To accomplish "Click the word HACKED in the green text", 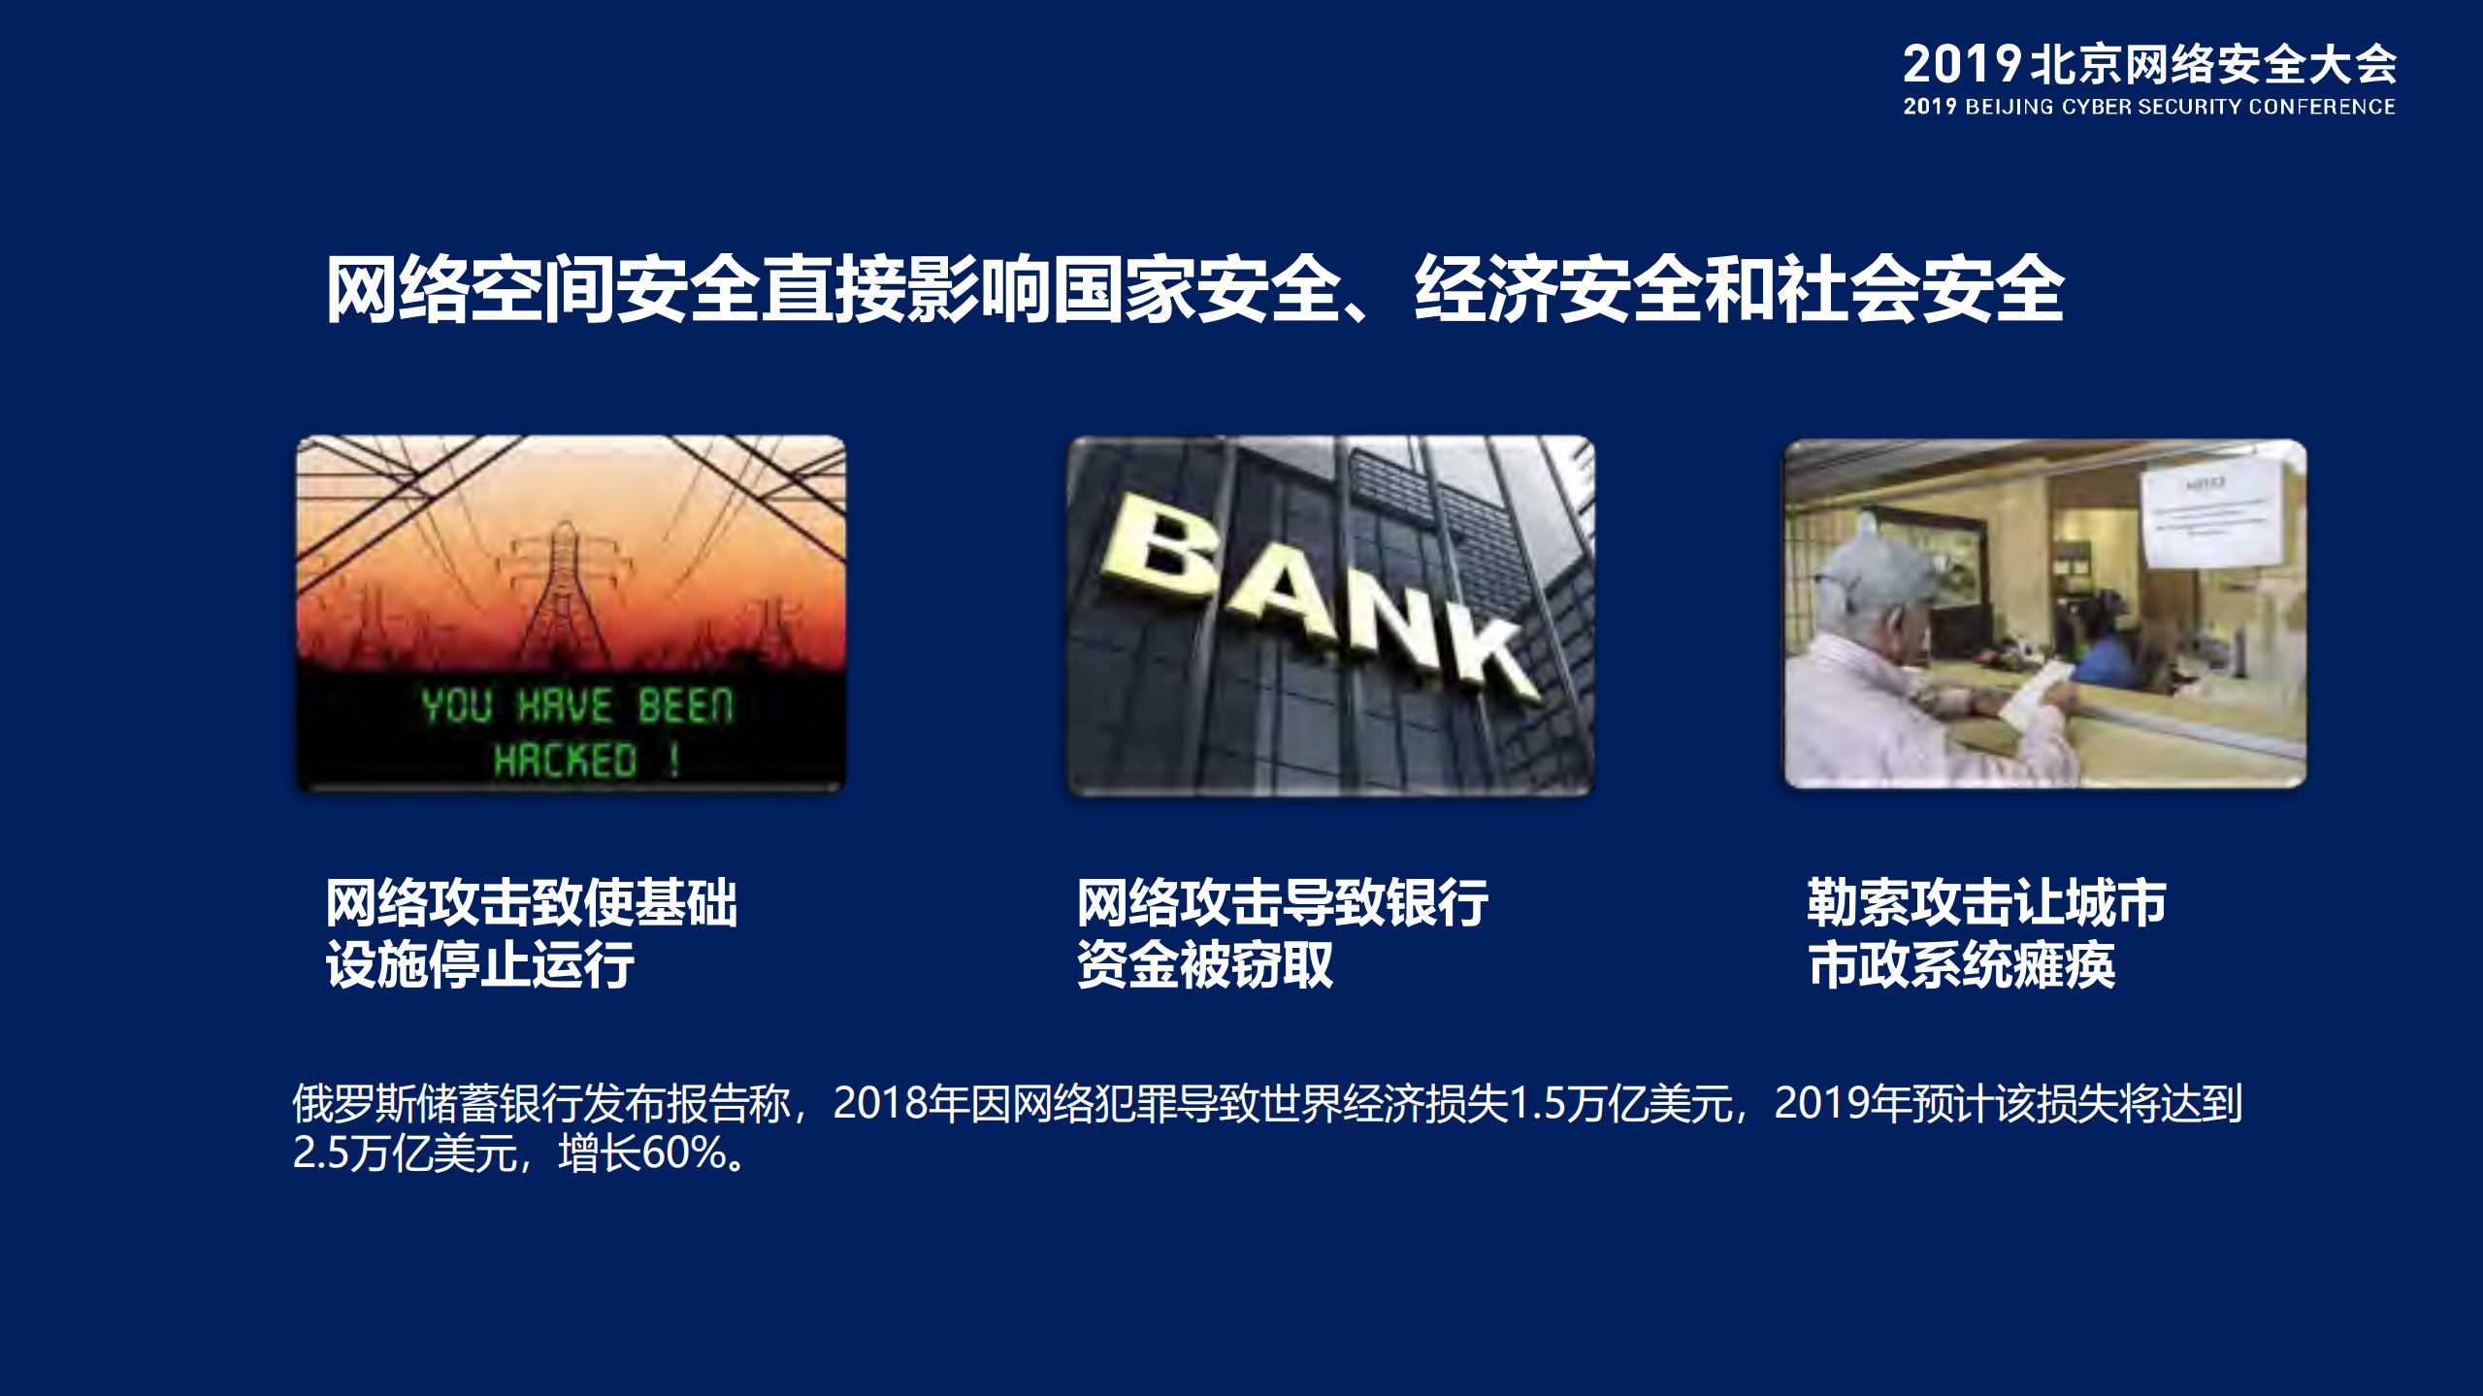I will tap(565, 760).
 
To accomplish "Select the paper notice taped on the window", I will tap(2211, 518).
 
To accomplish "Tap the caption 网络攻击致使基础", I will tap(531, 903).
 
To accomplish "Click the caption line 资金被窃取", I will tap(1205, 965).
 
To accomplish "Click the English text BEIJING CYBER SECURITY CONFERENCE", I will tap(2179, 107).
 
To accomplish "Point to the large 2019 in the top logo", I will tap(1961, 65).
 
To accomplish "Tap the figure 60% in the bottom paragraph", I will tap(684, 1153).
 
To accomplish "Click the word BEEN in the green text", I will tap(685, 705).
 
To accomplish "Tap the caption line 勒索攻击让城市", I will tap(1985, 903).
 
